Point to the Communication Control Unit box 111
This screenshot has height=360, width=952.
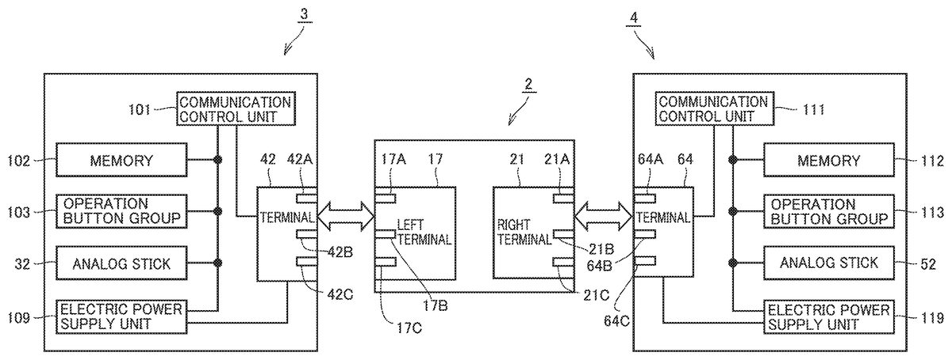(x=713, y=109)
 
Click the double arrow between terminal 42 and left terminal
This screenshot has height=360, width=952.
(x=346, y=214)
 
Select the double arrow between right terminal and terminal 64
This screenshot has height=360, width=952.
(x=605, y=214)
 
